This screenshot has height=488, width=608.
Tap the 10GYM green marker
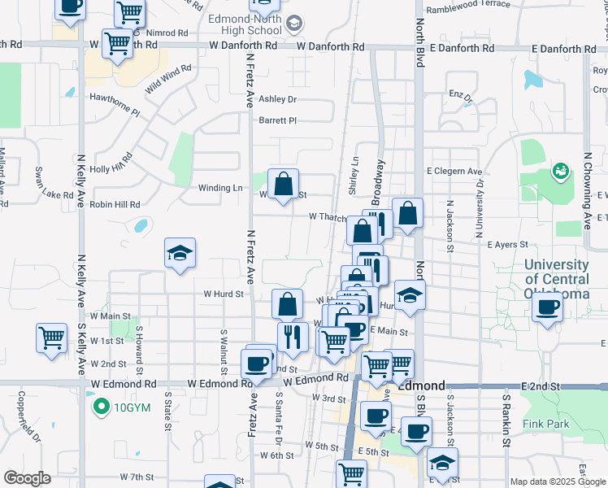[x=101, y=407]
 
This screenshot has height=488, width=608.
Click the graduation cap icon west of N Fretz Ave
[x=180, y=254]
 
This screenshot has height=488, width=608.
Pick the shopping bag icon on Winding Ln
[x=283, y=185]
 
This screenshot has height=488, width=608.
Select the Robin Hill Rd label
[x=117, y=204]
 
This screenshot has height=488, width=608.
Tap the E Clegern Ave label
[x=454, y=172]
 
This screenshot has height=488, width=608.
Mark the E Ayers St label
[x=508, y=244]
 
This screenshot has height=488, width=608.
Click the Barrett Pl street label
[x=278, y=120]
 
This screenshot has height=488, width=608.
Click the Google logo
[x=27, y=478]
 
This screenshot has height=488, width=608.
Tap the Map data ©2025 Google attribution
[x=557, y=481]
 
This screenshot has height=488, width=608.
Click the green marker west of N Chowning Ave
[x=558, y=171]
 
